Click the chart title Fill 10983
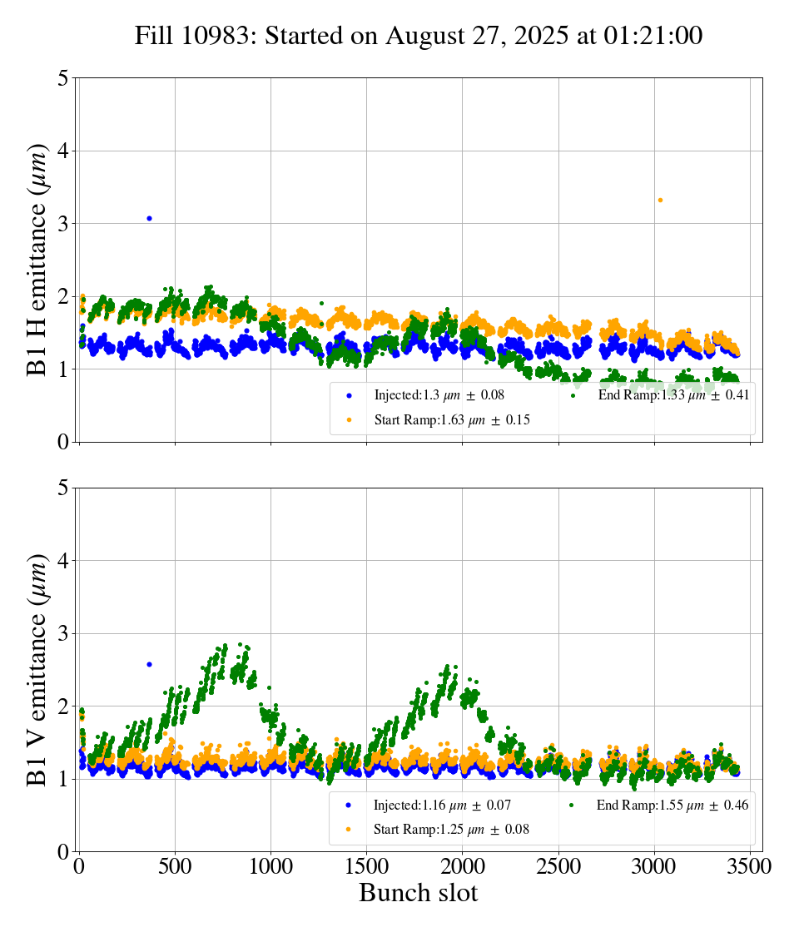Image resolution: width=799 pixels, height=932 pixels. [419, 36]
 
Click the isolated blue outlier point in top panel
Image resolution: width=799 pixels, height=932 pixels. [149, 218]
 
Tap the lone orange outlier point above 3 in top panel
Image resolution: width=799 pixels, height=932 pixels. [660, 200]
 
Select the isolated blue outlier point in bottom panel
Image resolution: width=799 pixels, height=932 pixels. [149, 664]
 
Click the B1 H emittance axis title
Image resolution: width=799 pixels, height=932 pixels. [37, 260]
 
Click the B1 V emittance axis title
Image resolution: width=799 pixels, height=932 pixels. [37, 670]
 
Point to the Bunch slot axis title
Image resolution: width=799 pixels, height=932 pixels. [419, 893]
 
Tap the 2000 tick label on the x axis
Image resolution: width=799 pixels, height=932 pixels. [463, 866]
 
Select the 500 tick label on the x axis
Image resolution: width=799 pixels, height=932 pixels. [175, 866]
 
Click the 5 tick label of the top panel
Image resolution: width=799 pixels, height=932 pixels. [63, 79]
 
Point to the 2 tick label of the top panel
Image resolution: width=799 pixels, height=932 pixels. [63, 297]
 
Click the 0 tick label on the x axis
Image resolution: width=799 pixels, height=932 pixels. [79, 866]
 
